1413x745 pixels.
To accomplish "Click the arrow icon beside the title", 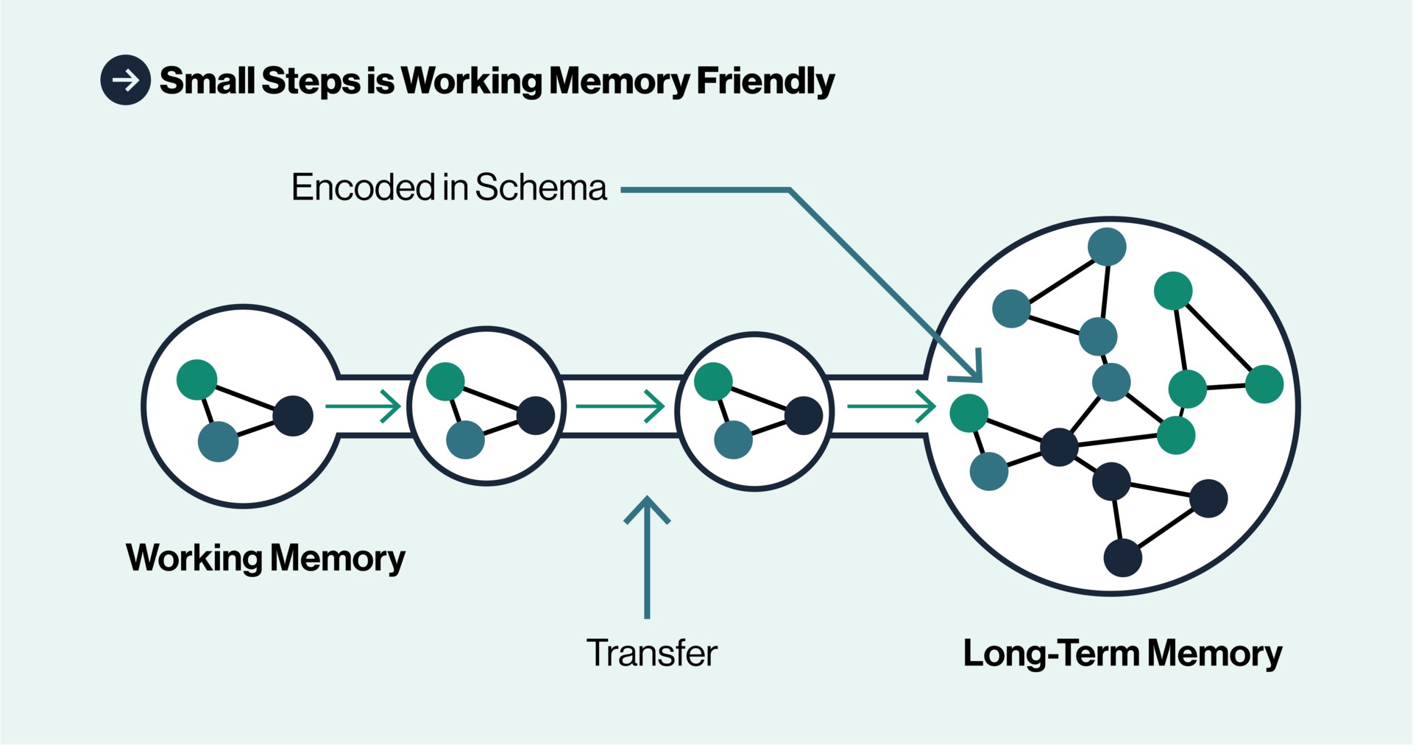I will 126,80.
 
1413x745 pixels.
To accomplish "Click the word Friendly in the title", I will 765,81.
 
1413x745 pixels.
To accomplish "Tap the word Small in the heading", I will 207,80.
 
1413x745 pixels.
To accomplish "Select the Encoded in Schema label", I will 449,187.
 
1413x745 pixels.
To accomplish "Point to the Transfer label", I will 651,653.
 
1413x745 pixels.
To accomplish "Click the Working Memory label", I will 265,558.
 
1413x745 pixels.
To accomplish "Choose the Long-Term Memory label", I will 1122,654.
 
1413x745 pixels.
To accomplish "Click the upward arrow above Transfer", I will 647,552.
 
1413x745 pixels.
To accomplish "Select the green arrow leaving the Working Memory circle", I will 363,406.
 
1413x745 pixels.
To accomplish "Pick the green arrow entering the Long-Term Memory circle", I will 891,406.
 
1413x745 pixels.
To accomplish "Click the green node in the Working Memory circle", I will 197,380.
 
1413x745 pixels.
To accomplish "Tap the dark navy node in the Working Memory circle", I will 293,416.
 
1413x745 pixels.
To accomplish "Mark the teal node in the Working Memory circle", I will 219,442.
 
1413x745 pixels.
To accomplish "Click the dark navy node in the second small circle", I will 536,416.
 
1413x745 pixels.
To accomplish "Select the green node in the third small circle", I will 713,381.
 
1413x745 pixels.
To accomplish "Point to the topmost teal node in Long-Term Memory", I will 1107,247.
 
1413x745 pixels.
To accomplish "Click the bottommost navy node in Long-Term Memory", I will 1123,557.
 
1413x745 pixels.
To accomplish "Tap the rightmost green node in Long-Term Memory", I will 1264,384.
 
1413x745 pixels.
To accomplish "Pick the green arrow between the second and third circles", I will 620,406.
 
